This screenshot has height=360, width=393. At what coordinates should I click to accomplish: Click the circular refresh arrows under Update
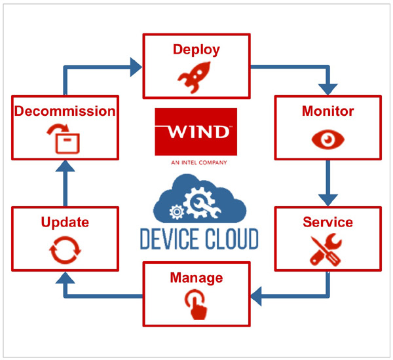pos(65,249)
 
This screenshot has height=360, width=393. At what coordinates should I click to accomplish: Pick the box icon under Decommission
pos(65,139)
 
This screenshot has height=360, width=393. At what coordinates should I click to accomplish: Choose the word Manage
pos(196,278)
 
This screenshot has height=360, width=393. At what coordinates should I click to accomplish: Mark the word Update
pos(65,223)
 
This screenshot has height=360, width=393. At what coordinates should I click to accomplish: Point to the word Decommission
pos(65,111)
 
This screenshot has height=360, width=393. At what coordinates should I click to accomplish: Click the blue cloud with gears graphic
pos(198,200)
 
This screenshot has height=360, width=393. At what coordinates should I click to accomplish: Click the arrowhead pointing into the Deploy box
pos(136,65)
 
